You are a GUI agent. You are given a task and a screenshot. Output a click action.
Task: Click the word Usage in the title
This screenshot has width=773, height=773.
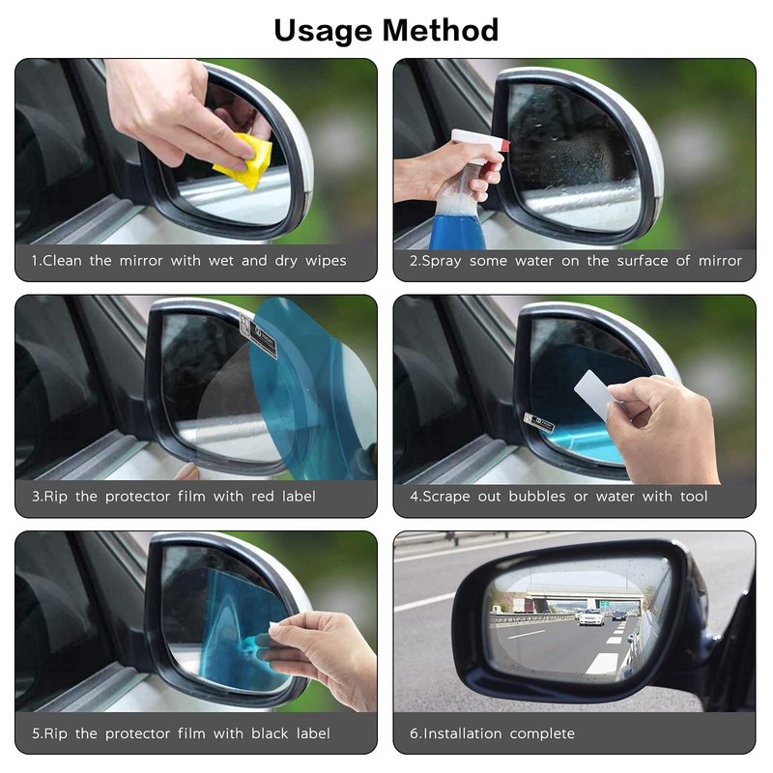[323, 31]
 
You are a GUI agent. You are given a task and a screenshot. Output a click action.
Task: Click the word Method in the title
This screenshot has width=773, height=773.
[441, 30]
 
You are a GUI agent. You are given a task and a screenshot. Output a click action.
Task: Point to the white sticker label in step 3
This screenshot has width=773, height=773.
[258, 335]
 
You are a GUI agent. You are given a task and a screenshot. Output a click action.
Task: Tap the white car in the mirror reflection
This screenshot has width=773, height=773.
[591, 616]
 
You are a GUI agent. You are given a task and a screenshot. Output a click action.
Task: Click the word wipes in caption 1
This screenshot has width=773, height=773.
[326, 261]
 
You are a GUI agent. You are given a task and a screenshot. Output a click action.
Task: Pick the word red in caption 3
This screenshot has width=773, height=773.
[263, 496]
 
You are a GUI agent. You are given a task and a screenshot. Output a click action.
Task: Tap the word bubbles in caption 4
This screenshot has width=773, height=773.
[537, 496]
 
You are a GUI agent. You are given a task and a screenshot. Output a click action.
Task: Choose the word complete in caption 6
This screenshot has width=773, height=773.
[542, 734]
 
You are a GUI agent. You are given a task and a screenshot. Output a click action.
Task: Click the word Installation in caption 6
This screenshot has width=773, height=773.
[463, 733]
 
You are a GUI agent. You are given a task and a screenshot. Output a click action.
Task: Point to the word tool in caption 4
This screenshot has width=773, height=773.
[694, 496]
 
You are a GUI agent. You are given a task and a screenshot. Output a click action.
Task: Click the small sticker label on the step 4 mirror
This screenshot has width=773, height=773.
[538, 422]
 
